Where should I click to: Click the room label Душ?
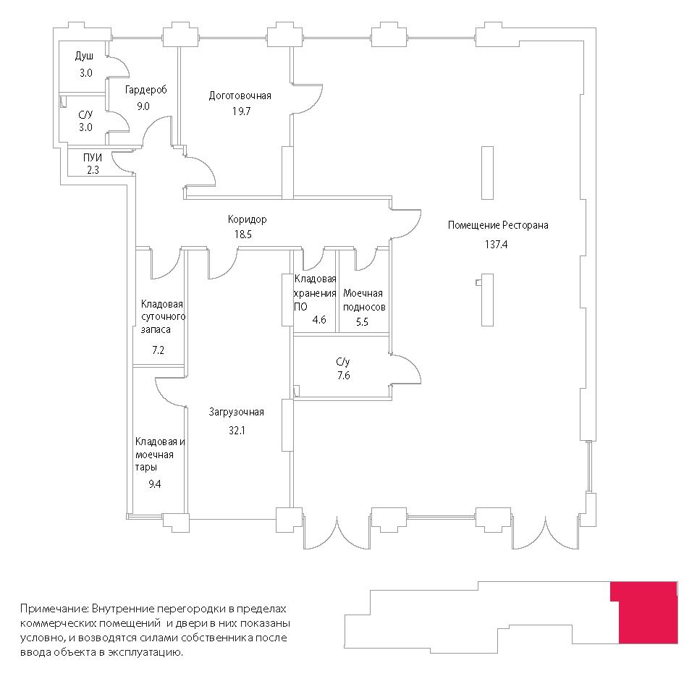point(84,56)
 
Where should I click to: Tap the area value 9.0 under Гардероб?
point(143,106)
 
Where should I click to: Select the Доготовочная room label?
point(240,96)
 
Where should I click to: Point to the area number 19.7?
point(241,111)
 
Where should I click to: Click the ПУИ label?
point(93,158)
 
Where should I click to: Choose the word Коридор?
point(247,219)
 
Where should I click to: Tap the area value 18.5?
point(243,235)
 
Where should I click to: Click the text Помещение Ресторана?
point(498,226)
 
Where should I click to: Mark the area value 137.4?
point(496,245)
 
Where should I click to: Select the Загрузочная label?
point(237,413)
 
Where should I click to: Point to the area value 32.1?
point(237,431)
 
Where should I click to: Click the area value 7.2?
point(158,350)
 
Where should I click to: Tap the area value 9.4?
point(154,484)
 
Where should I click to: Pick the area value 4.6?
point(319,320)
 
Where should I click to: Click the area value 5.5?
point(362,322)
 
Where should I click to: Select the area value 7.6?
point(344,376)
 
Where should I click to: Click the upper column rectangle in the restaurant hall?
point(487,173)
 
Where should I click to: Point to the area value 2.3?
point(93,170)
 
